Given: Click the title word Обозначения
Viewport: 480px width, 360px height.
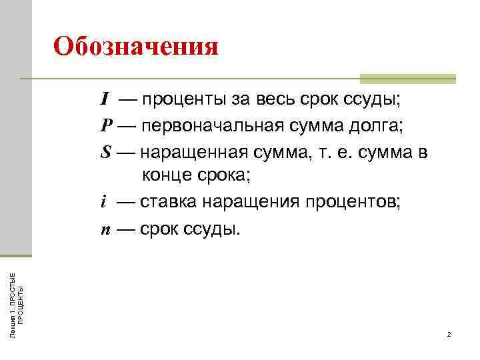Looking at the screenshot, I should (135, 47).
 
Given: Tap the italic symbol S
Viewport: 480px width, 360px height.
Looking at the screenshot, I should (106, 152).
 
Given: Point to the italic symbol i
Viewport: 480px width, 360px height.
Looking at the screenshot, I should (103, 203).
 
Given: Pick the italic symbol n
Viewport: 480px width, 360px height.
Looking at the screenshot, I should (105, 229).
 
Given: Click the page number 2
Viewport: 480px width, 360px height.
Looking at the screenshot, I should (449, 334).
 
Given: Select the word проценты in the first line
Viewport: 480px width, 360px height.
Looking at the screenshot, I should (184, 101).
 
